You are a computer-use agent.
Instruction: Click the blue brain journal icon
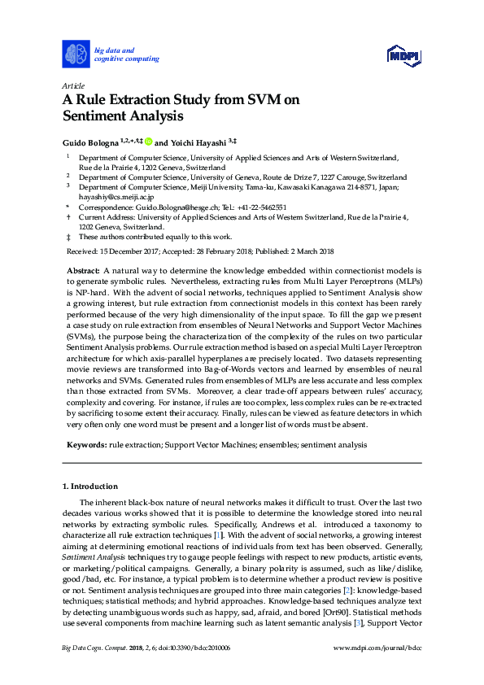pyautogui.click(x=76, y=55)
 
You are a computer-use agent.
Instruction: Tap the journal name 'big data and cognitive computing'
pyautogui.click(x=126, y=55)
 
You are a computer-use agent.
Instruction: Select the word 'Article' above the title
pyautogui.click(x=73, y=85)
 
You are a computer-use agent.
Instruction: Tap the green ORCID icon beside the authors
pyautogui.click(x=149, y=141)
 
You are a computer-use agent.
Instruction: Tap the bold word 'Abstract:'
pyautogui.click(x=82, y=268)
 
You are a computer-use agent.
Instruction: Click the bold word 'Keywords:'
pyautogui.click(x=85, y=445)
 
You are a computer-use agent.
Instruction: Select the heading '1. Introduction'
pyautogui.click(x=89, y=486)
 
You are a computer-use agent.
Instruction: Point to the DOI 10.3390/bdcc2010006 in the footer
pyautogui.click(x=198, y=647)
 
